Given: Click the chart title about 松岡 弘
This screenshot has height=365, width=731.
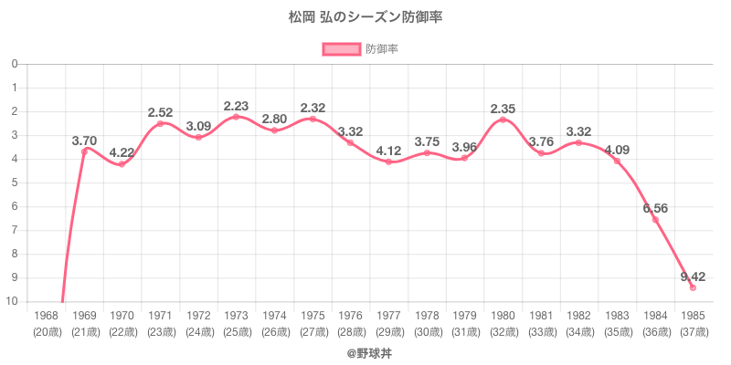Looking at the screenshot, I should pyautogui.click(x=365, y=17).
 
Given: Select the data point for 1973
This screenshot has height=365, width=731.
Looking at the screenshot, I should pyautogui.click(x=236, y=117).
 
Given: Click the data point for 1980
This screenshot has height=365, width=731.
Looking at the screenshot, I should pyautogui.click(x=503, y=120).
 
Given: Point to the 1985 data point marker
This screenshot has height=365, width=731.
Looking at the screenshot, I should pyautogui.click(x=693, y=287).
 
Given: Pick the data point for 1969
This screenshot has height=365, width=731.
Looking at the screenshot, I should pyautogui.click(x=84, y=151).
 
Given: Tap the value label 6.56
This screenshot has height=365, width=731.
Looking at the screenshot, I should pyautogui.click(x=654, y=208).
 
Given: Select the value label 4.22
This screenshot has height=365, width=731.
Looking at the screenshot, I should pyautogui.click(x=122, y=152).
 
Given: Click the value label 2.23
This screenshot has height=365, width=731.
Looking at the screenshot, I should pyautogui.click(x=236, y=106).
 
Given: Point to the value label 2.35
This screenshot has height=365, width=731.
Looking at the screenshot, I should pyautogui.click(x=503, y=109).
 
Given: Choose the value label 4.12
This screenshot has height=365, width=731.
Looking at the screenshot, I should pyautogui.click(x=388, y=151).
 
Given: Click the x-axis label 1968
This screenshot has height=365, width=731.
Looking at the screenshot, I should pyautogui.click(x=46, y=316).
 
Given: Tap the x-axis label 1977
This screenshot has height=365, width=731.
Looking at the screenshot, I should pyautogui.click(x=388, y=316).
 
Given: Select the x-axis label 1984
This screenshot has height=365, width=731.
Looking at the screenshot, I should pyautogui.click(x=654, y=316).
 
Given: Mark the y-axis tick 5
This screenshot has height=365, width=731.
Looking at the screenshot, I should pyautogui.click(x=16, y=183).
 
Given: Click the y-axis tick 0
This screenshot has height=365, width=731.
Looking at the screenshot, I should pyautogui.click(x=16, y=64).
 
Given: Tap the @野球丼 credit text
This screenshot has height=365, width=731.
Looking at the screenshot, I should pyautogui.click(x=365, y=351).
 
